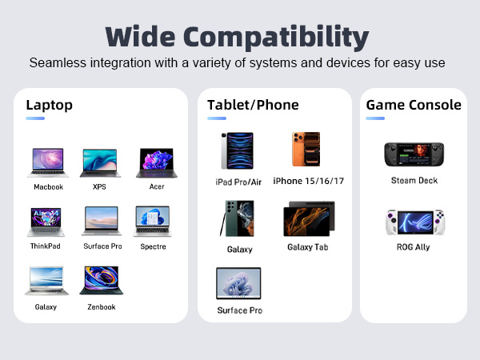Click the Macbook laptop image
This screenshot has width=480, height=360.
[x=48, y=162]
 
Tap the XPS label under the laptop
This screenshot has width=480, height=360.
[x=99, y=186]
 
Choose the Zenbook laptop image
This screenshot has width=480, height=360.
[x=101, y=281]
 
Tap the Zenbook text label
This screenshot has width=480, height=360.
[x=101, y=306]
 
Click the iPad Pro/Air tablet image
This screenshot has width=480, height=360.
[x=237, y=151]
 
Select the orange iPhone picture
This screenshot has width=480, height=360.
[x=306, y=150]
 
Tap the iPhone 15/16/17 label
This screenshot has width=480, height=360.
[x=308, y=181]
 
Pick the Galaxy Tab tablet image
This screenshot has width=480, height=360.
[x=308, y=218]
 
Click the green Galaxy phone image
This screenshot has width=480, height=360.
[x=238, y=218]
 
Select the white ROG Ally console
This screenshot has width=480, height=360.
[x=414, y=222]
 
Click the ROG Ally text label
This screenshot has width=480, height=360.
[x=414, y=247]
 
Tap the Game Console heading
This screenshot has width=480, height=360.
[x=414, y=105]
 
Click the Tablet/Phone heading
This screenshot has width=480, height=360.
[x=253, y=105]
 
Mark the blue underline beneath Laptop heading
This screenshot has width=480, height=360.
[x=35, y=118]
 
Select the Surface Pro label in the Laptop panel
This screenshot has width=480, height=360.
[x=102, y=246]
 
